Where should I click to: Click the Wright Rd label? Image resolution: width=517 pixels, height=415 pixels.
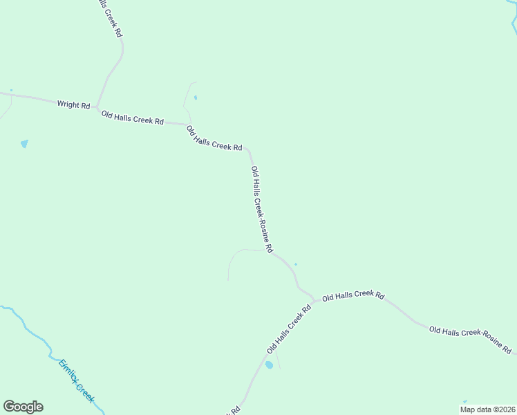click(x=73, y=105)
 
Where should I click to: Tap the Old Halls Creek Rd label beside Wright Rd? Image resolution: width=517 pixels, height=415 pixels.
click(x=132, y=118)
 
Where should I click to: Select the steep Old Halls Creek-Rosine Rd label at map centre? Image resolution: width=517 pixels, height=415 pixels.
click(x=262, y=210)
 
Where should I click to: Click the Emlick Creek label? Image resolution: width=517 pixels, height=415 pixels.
click(x=76, y=381)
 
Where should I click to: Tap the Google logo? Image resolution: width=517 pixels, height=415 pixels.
click(x=23, y=407)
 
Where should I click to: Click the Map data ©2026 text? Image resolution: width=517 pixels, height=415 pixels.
click(x=487, y=409)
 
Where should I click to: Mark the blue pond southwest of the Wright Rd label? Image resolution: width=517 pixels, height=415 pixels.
click(x=25, y=144)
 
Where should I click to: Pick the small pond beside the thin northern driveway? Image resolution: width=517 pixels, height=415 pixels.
click(x=196, y=98)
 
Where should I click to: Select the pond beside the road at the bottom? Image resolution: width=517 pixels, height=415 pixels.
click(x=269, y=365)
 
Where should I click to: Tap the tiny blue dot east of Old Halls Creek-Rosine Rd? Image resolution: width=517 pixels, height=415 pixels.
click(x=296, y=264)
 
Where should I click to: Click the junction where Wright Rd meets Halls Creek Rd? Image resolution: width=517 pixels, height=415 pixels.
click(x=97, y=108)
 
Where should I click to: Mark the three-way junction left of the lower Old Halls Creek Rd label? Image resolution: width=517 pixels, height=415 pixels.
click(x=316, y=301)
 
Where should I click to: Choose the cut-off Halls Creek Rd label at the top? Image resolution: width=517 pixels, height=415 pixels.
click(x=111, y=18)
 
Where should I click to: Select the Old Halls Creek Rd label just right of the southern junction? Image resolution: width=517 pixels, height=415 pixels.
click(x=353, y=295)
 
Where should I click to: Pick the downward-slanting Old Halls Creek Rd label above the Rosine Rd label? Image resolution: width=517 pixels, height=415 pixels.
click(x=214, y=138)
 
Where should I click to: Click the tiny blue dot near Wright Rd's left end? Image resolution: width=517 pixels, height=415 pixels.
click(x=11, y=90)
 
